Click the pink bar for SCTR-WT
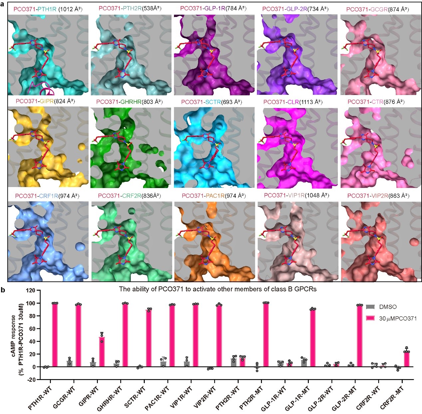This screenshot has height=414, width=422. pos(148,338)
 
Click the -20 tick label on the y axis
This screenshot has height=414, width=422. pos(31,380)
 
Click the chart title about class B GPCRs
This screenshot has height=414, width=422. pos(218,289)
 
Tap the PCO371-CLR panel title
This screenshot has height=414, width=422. pos(293,102)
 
